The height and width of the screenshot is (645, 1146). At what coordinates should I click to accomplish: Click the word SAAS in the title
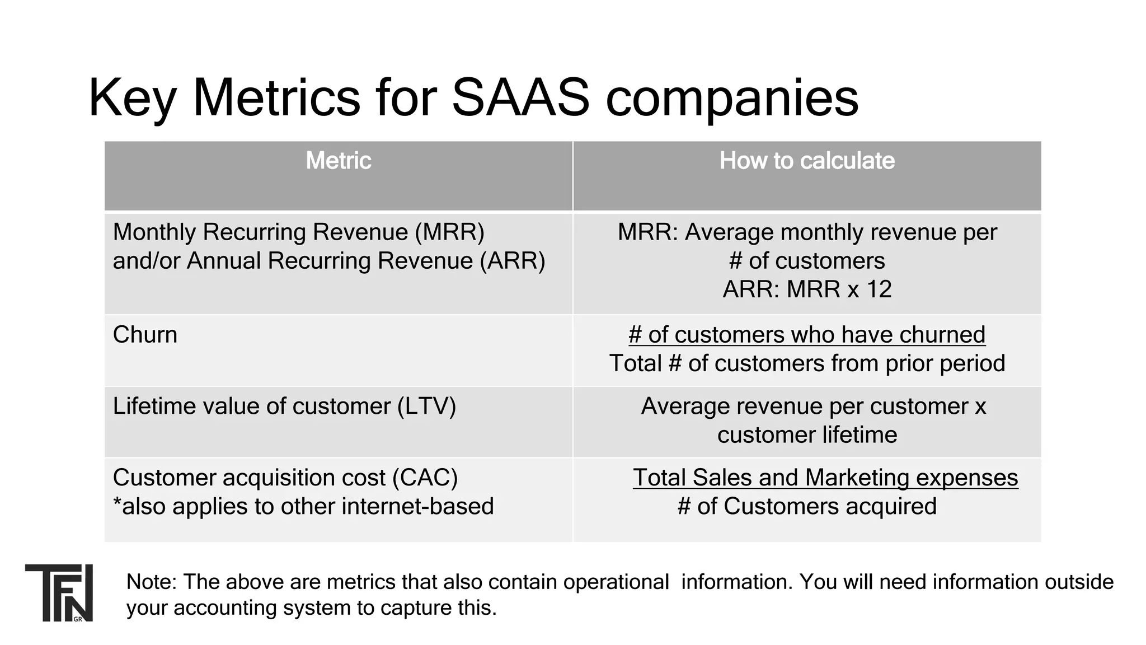coord(520,98)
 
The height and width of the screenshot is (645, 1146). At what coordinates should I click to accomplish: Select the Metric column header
coord(338,161)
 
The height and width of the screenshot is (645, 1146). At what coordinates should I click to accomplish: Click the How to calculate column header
coord(806,161)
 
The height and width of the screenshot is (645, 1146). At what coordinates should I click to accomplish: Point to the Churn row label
coord(145,335)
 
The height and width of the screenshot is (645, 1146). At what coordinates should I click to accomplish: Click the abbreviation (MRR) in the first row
coord(449,232)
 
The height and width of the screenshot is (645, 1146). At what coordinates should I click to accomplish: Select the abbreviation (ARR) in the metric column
coord(512,261)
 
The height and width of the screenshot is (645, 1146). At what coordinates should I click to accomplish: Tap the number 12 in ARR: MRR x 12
coord(879,289)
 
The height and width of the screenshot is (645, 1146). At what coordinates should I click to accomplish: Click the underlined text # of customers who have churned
coord(806,335)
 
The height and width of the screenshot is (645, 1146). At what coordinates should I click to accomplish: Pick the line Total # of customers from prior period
coord(806,363)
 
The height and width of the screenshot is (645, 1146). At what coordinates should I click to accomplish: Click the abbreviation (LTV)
coord(426,406)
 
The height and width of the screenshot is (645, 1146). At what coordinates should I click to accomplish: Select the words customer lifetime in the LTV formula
coord(806,435)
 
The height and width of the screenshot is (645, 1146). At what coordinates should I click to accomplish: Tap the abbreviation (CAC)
coord(425,478)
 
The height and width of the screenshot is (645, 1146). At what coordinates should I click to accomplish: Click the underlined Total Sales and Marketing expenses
coord(825,478)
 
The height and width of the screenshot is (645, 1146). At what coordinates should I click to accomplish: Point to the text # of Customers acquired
coord(806,507)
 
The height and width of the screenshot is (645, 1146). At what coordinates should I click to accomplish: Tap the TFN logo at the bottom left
coord(59,592)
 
